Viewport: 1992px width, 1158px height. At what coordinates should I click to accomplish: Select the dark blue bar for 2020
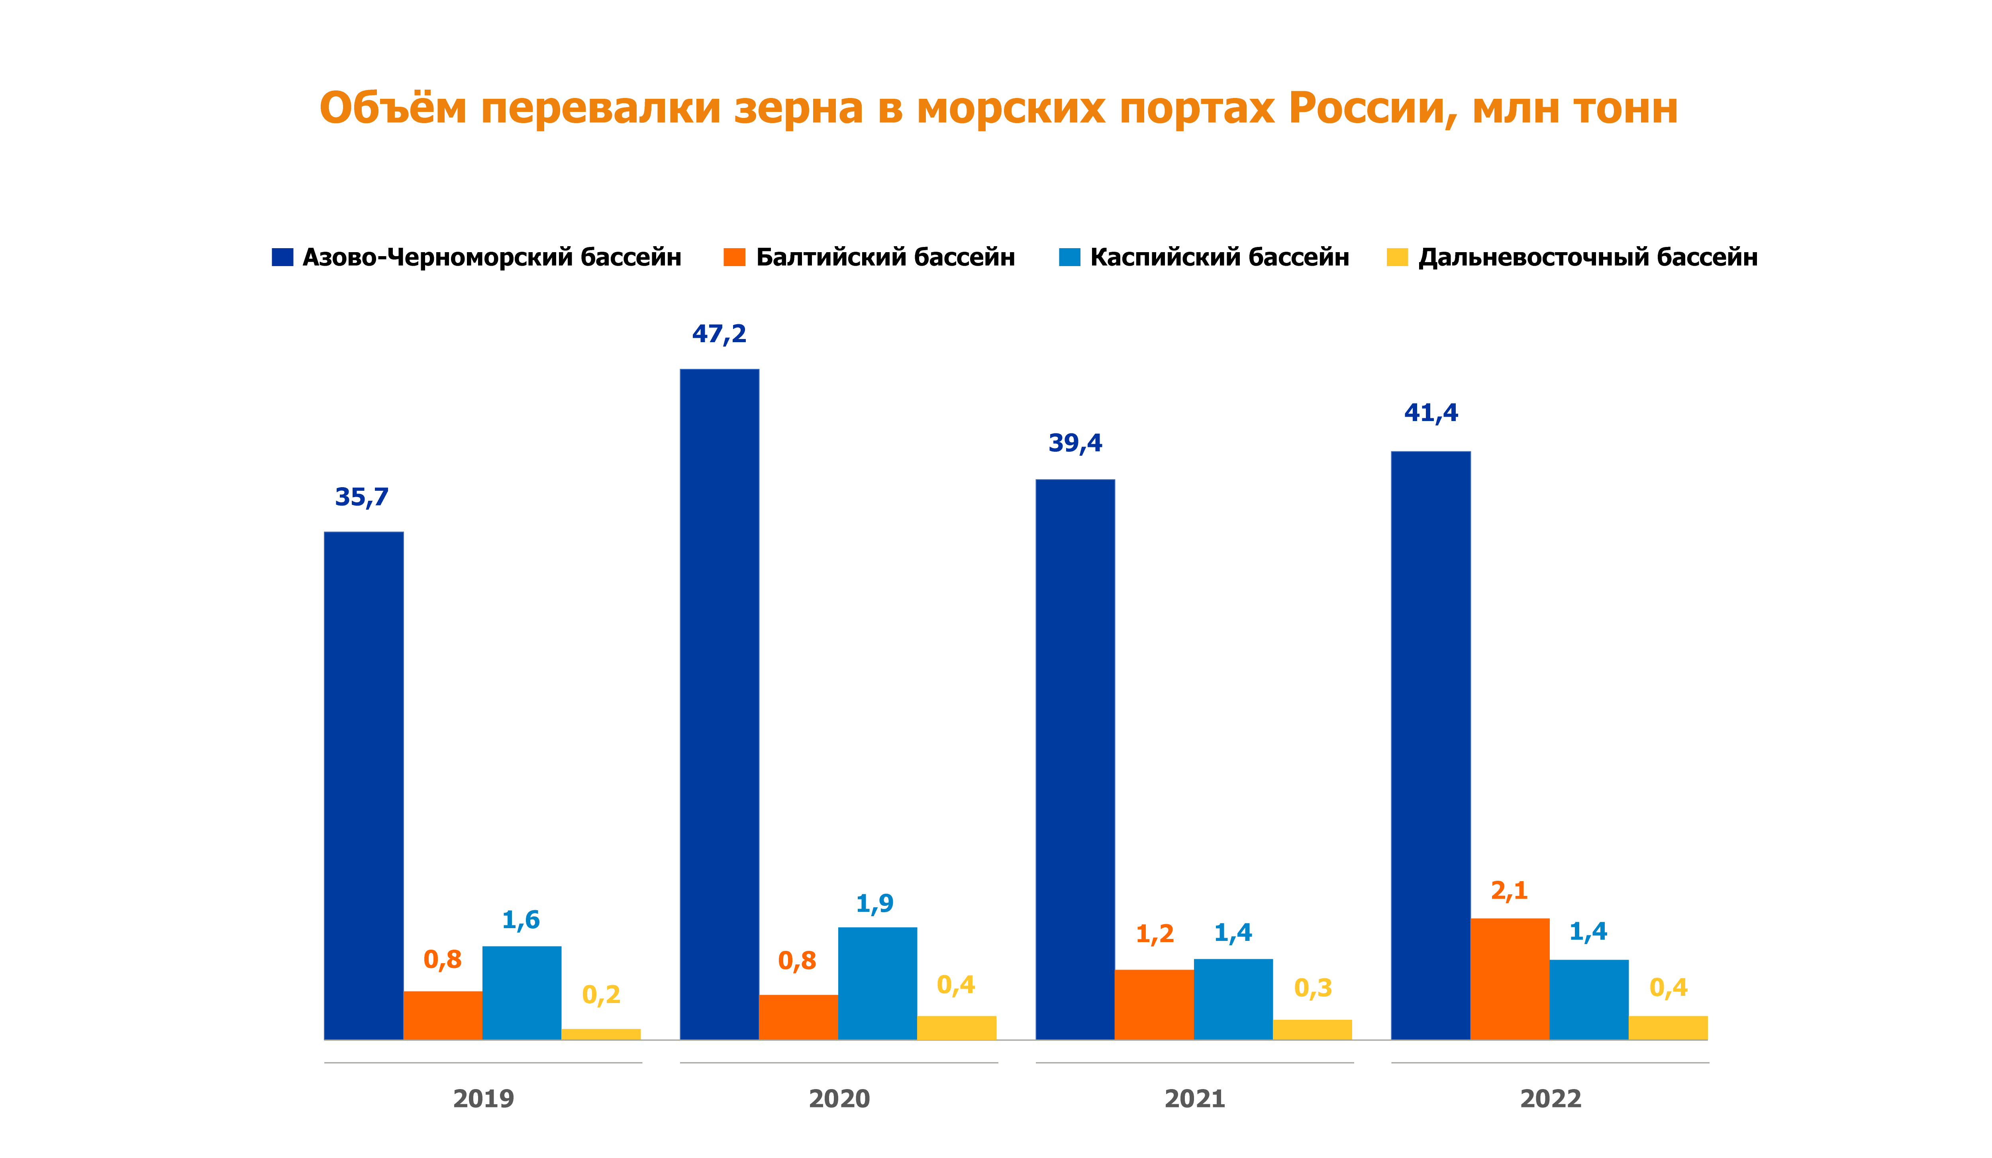[x=720, y=703]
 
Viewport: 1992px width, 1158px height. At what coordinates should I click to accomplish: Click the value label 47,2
[x=720, y=333]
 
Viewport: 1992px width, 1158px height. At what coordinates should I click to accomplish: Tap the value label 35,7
[x=362, y=497]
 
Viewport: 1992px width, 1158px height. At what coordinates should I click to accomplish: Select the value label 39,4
[x=1075, y=443]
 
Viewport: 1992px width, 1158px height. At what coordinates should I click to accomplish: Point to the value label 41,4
[x=1431, y=413]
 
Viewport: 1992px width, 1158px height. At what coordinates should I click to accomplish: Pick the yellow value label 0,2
[x=601, y=994]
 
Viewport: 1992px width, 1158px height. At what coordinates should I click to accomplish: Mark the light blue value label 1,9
[x=875, y=903]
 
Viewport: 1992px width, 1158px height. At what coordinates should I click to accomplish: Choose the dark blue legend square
[x=282, y=257]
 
